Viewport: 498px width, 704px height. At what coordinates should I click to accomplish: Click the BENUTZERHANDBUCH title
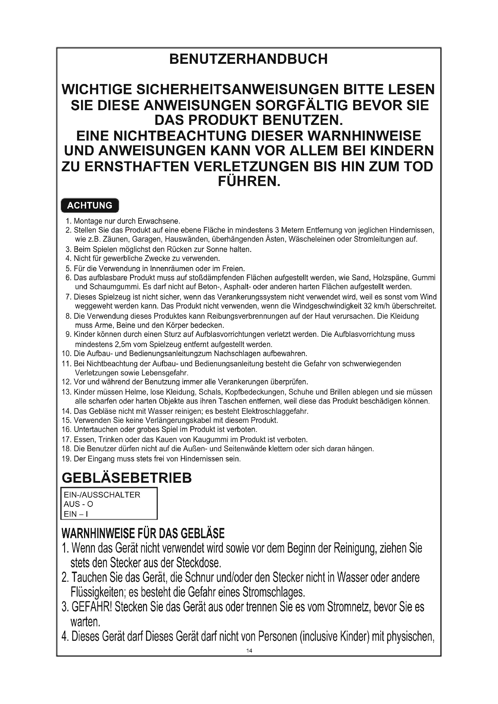tap(248, 59)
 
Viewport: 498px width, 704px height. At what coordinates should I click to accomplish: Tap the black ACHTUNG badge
tap(90, 205)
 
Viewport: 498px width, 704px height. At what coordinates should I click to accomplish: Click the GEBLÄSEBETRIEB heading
tap(127, 478)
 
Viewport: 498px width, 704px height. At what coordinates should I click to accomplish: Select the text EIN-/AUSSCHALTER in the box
tap(102, 495)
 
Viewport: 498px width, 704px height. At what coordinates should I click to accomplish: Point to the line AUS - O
tap(78, 504)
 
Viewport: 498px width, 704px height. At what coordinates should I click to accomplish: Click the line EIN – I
tap(76, 514)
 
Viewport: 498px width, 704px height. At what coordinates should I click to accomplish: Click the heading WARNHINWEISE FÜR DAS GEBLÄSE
tap(143, 534)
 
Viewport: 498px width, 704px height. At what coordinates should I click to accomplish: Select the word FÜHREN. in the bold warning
tap(249, 181)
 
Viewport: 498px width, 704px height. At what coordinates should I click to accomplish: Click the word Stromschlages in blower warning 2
tap(273, 592)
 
